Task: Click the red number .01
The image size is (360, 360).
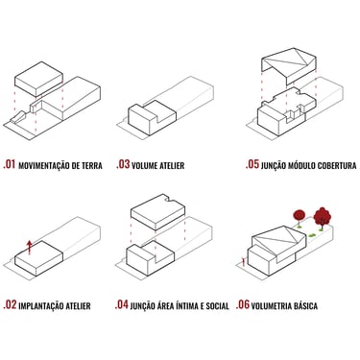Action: pos(10,164)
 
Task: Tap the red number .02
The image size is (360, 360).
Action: pos(10,304)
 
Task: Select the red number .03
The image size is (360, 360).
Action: pos(123,164)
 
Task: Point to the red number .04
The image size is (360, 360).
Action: pos(122,304)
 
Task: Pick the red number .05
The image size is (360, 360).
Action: pos(252,164)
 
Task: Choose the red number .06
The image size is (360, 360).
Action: pos(243,304)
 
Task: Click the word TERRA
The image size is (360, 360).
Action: pos(91,166)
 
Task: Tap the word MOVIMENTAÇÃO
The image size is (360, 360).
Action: pos(44,165)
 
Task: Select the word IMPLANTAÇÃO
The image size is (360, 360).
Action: pos(41,306)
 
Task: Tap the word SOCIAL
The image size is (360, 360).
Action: pos(217,306)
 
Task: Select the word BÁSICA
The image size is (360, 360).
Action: pos(305,305)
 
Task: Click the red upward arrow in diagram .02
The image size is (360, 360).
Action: pos(30,247)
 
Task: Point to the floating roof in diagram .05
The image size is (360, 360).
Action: pos(289,66)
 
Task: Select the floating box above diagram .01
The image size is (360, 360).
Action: pos(38,79)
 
